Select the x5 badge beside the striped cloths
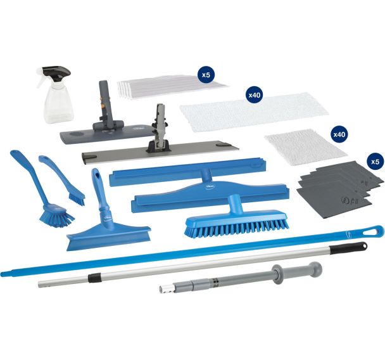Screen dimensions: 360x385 206,75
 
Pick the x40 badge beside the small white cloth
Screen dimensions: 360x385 339,135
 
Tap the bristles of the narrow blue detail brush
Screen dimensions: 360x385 76,198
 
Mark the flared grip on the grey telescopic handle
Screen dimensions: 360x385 276,276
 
